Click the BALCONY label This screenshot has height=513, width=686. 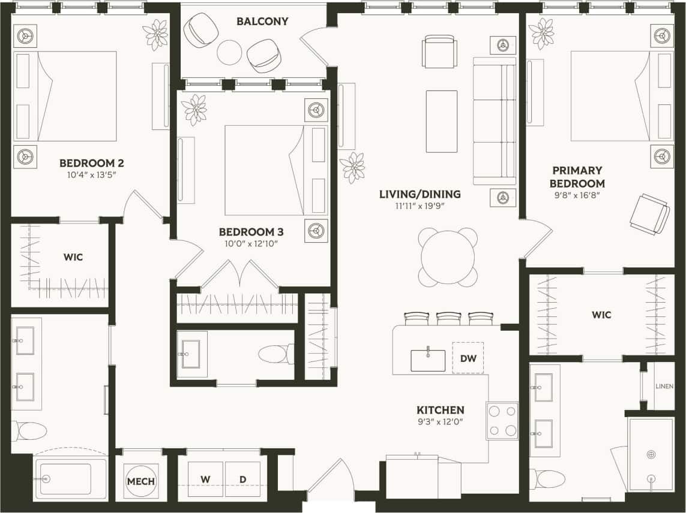(262, 22)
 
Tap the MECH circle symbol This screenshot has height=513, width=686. (141, 481)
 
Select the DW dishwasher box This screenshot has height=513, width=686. (468, 358)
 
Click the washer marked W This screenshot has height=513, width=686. (205, 479)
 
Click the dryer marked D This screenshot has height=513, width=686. (242, 479)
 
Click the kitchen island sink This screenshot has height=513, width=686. (428, 360)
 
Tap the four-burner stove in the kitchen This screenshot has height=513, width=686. (502, 421)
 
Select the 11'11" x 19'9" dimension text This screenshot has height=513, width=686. (420, 206)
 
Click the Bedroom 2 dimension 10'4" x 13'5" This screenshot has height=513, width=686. (92, 175)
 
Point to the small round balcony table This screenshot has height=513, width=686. (229, 52)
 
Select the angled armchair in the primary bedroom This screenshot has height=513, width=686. (649, 213)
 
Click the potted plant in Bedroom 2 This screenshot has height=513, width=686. (156, 34)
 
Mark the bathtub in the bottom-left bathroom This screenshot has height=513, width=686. (71, 479)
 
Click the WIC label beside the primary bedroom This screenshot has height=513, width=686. (601, 315)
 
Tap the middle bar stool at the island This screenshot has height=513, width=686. (448, 318)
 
